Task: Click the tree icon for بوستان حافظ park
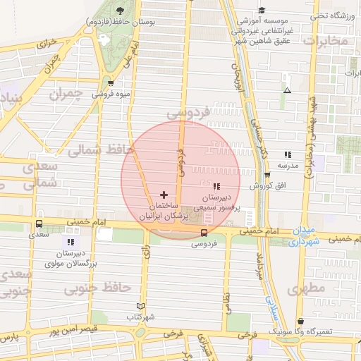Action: click(x=120, y=10)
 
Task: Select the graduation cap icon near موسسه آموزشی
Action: click(x=262, y=10)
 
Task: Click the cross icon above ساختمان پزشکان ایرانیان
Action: click(x=164, y=194)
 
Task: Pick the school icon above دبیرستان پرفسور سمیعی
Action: click(x=216, y=187)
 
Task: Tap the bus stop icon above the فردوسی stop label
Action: click(x=204, y=233)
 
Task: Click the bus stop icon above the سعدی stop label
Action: click(x=38, y=224)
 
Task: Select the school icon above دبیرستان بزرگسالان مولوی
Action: click(x=70, y=242)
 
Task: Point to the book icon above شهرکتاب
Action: click(x=141, y=306)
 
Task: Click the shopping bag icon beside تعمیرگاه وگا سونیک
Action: click(x=301, y=322)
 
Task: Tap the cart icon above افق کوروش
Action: click(x=267, y=176)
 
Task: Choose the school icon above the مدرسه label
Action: click(x=287, y=154)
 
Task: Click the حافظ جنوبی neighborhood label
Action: click(x=98, y=288)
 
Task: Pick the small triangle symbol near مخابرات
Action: click(x=286, y=90)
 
